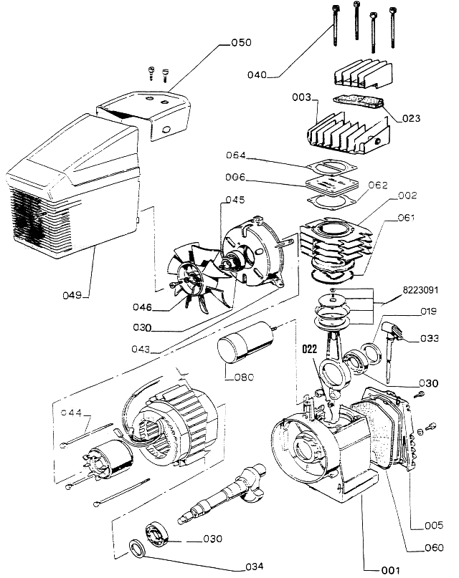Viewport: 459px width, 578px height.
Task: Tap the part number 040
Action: click(257, 74)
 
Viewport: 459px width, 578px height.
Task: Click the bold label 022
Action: click(309, 350)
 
